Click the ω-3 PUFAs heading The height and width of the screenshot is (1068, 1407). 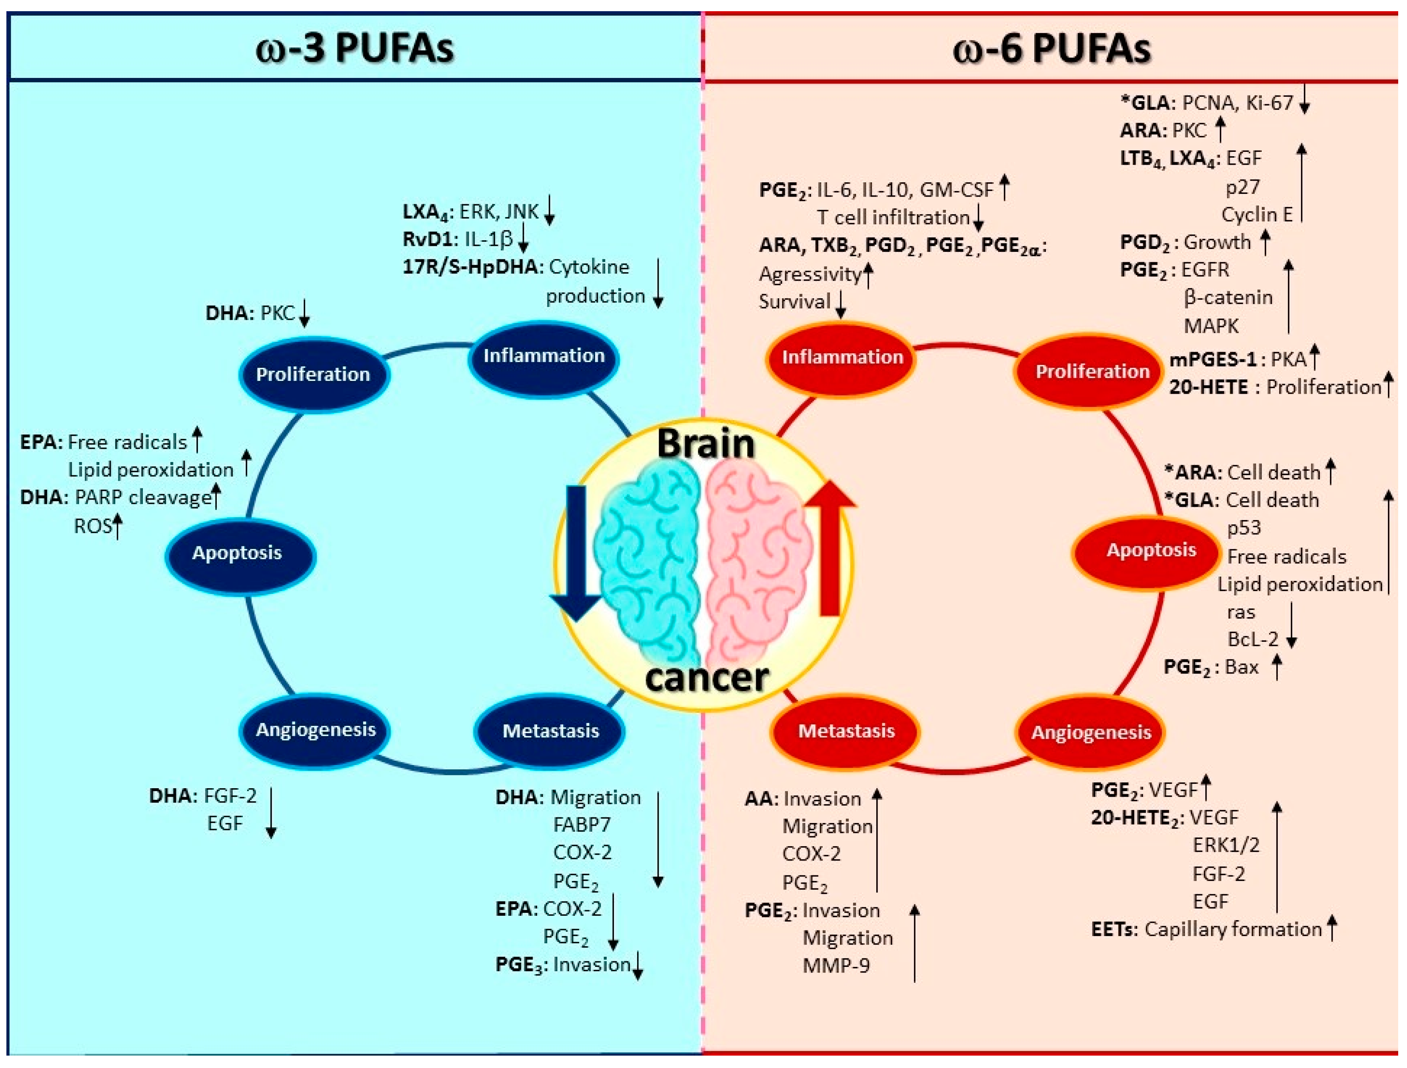tap(354, 49)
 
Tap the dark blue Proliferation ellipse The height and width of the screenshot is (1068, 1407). tap(314, 374)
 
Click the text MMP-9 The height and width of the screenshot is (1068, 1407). tap(836, 966)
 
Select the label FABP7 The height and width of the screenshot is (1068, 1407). tap(582, 825)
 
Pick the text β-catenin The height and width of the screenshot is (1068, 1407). tap(1228, 297)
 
